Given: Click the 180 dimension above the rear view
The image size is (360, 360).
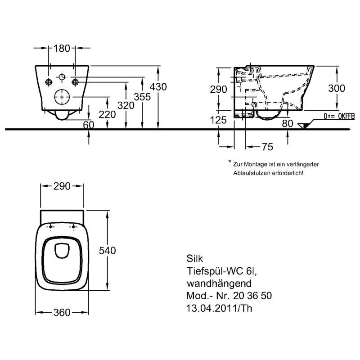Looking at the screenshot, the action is tap(62, 49).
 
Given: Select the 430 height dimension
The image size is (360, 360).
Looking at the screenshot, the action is tap(158, 87).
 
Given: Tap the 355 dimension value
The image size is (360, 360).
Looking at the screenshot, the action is tap(142, 97).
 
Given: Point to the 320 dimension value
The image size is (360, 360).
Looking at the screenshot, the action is tap(126, 106).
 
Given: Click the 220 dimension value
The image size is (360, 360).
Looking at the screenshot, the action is tap(107, 114).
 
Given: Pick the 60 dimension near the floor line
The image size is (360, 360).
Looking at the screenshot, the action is tap(89, 125).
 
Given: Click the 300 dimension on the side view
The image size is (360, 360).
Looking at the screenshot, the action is tap(337, 88).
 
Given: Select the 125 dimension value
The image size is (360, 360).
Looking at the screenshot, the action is tap(218, 120).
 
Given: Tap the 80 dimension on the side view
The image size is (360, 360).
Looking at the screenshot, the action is tap(288, 123).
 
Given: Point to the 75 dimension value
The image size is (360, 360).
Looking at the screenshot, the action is tap(267, 147).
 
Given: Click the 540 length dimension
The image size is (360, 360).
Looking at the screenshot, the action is tap(107, 251).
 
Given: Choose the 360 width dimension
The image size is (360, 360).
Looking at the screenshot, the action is tap(62, 312).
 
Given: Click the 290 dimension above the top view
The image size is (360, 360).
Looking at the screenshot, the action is tap(62, 186).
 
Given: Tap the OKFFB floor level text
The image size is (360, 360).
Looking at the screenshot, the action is tap(346, 117).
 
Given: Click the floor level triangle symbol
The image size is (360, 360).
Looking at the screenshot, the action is tap(303, 126).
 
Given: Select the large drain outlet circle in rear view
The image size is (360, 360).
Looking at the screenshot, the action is tap(62, 97).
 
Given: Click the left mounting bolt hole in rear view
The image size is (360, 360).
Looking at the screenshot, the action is tap(49, 82).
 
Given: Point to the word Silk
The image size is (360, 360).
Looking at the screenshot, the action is tap(195, 259).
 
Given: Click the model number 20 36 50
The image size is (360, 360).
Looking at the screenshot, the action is tap(252, 296).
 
